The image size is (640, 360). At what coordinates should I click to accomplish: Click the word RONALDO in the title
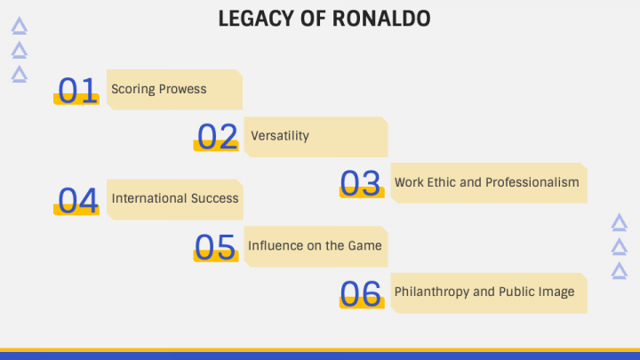pyautogui.click(x=381, y=19)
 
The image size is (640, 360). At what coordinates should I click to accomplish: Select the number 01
pyautogui.click(x=77, y=90)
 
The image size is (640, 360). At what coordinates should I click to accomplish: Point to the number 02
pyautogui.click(x=217, y=137)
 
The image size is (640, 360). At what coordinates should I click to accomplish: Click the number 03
pyautogui.click(x=360, y=183)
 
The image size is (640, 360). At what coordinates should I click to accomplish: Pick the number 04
pyautogui.click(x=78, y=200)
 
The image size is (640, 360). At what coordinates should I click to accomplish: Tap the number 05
pyautogui.click(x=215, y=247)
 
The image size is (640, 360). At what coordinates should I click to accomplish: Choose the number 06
pyautogui.click(x=360, y=293)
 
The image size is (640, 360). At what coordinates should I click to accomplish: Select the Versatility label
pyautogui.click(x=280, y=135)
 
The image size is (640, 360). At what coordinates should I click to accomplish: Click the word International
pyautogui.click(x=149, y=198)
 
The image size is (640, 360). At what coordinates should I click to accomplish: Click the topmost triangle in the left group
pyautogui.click(x=20, y=25)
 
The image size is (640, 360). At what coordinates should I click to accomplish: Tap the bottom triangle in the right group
pyautogui.click(x=620, y=270)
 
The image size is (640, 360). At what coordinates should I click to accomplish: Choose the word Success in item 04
pyautogui.click(x=215, y=198)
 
